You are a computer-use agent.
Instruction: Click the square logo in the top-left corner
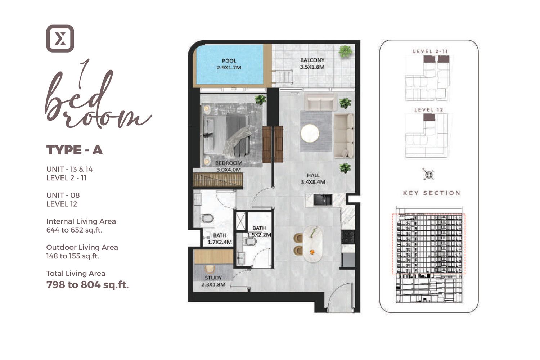[60, 39]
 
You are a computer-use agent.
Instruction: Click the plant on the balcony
[345, 51]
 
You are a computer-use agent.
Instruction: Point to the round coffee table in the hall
[310, 133]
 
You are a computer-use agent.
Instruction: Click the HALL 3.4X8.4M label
[313, 179]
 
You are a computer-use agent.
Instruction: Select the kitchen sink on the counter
[323, 200]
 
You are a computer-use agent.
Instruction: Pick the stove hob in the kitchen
[348, 237]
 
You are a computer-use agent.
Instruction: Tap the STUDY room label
[213, 281]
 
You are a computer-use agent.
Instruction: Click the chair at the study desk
[209, 269]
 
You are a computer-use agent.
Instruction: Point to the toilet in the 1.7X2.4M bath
[207, 218]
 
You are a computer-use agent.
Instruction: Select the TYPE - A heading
[75, 150]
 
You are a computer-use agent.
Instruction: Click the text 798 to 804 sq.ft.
[87, 285]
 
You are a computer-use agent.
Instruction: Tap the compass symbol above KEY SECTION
[429, 175]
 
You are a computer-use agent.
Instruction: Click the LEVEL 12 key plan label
[429, 110]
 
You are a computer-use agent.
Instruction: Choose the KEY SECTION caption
[431, 193]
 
